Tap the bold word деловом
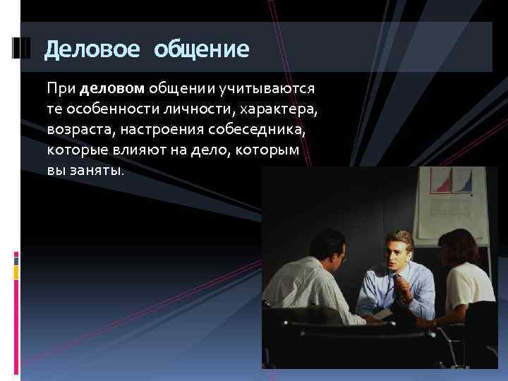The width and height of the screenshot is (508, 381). point(112,90)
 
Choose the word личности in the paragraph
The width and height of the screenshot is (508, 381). point(200,110)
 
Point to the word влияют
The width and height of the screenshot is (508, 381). point(165,150)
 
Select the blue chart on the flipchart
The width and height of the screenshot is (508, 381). point(464,183)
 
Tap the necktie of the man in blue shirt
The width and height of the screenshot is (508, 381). point(401,289)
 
